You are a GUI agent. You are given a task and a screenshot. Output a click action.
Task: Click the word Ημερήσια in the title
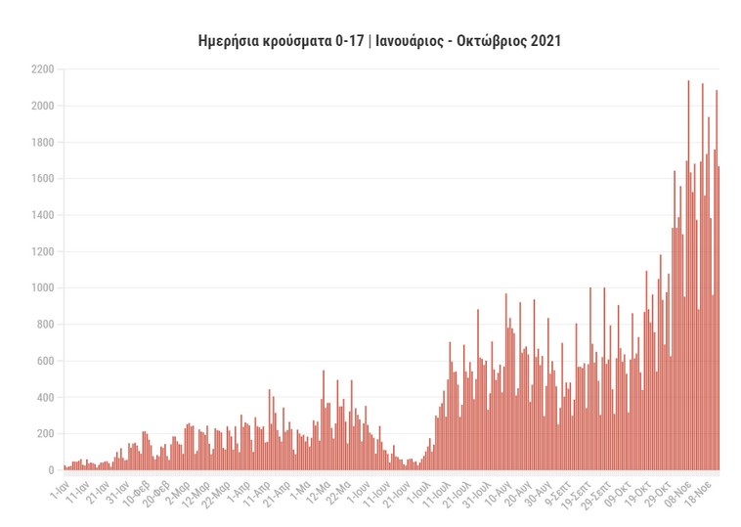pyautogui.click(x=227, y=42)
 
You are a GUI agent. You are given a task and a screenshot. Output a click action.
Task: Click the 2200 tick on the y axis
pyautogui.click(x=42, y=69)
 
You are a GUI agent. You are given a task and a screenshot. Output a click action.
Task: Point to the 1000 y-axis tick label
pyautogui.click(x=42, y=288)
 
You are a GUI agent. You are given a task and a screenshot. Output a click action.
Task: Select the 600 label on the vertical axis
pyautogui.click(x=45, y=362)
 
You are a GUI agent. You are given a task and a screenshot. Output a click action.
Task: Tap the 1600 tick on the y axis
pyautogui.click(x=42, y=179)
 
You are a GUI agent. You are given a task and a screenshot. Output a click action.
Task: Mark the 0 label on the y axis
pyautogui.click(x=51, y=471)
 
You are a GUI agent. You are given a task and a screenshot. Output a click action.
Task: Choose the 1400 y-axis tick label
pyautogui.click(x=42, y=215)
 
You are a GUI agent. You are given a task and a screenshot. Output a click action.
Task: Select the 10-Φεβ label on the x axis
pyautogui.click(x=135, y=490)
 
